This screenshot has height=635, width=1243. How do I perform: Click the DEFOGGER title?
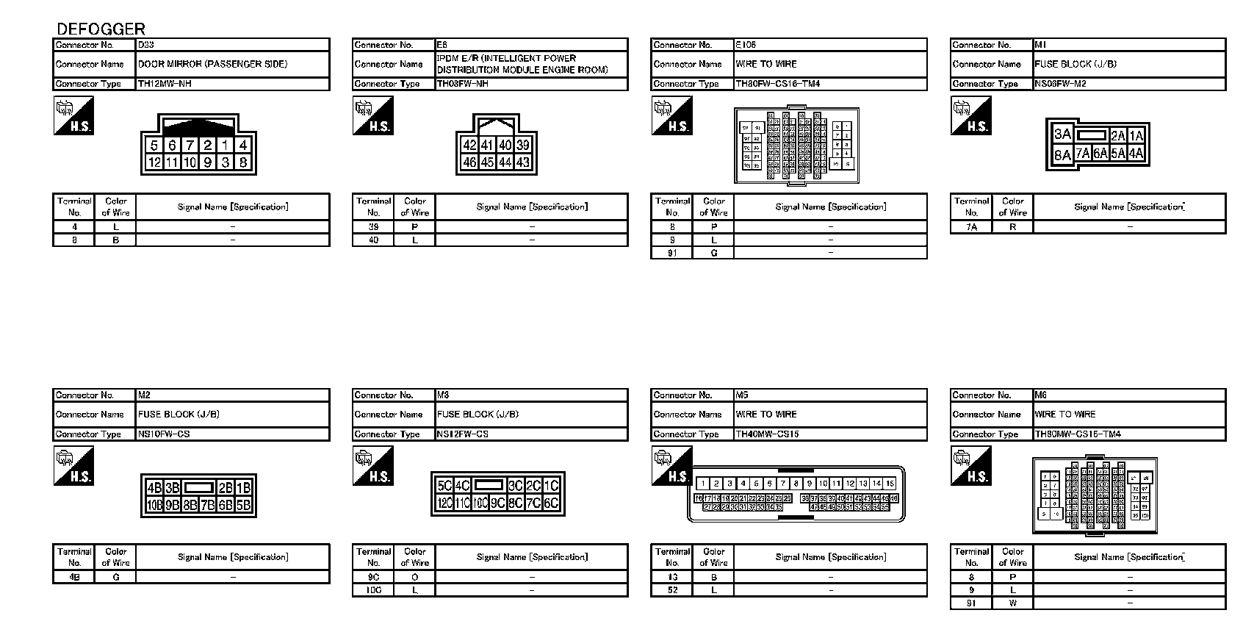click(101, 29)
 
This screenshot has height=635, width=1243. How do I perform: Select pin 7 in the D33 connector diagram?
click(190, 146)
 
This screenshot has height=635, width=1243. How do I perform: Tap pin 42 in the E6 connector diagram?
click(469, 146)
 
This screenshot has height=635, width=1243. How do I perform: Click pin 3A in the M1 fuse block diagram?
click(1062, 134)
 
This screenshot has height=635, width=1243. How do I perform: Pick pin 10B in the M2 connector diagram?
click(154, 505)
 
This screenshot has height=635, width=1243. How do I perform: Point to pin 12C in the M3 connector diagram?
click(444, 503)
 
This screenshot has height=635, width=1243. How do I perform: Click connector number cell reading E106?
click(746, 45)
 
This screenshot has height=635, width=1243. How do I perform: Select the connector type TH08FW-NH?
click(463, 84)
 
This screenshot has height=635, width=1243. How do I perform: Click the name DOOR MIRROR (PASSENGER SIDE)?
click(212, 64)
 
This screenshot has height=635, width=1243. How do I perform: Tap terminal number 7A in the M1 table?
click(971, 227)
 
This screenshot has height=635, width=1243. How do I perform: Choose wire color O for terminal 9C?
click(415, 578)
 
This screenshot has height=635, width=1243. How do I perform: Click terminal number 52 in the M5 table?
click(672, 590)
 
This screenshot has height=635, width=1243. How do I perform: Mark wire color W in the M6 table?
click(1012, 603)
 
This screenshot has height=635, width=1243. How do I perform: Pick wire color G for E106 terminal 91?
click(713, 253)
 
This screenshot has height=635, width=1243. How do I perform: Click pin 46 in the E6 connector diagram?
click(469, 162)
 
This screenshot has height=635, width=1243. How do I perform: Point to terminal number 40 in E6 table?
click(373, 240)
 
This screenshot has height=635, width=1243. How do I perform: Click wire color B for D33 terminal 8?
click(115, 240)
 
